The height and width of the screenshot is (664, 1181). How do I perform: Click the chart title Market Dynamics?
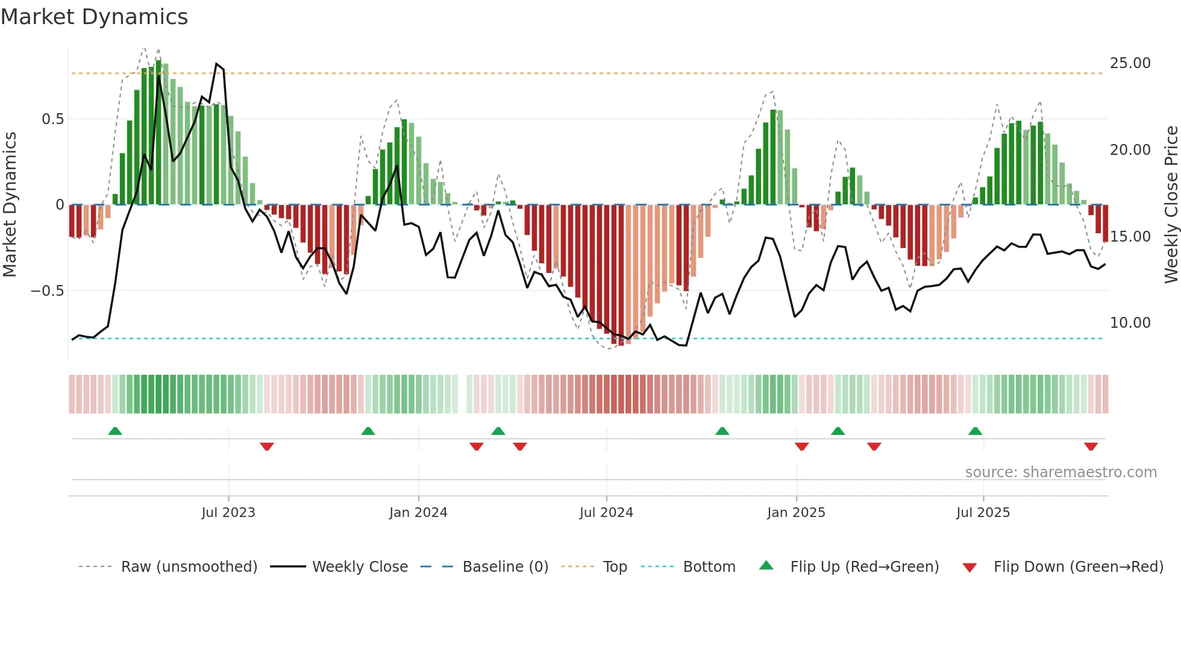pyautogui.click(x=94, y=17)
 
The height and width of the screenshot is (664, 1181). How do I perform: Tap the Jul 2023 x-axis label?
pyautogui.click(x=228, y=513)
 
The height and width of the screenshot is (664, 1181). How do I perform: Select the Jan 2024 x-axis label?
pyautogui.click(x=418, y=513)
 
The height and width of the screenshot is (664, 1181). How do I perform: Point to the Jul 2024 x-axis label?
pyautogui.click(x=606, y=513)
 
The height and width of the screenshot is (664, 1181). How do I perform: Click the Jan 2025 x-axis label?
pyautogui.click(x=796, y=513)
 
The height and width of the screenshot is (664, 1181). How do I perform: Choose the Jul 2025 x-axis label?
pyautogui.click(x=983, y=513)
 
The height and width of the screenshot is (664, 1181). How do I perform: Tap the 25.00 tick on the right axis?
pyautogui.click(x=1130, y=63)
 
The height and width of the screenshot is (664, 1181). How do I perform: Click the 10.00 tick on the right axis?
pyautogui.click(x=1130, y=323)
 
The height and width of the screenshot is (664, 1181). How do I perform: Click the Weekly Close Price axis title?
pyautogui.click(x=1171, y=205)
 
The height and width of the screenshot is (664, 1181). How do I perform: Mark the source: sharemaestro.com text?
pyautogui.click(x=1060, y=472)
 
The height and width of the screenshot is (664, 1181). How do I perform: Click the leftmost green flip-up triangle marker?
pyautogui.click(x=115, y=431)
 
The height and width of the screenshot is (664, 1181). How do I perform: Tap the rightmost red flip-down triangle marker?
pyautogui.click(x=1091, y=446)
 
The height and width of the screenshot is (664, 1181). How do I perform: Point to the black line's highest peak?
pyautogui.click(x=217, y=64)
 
